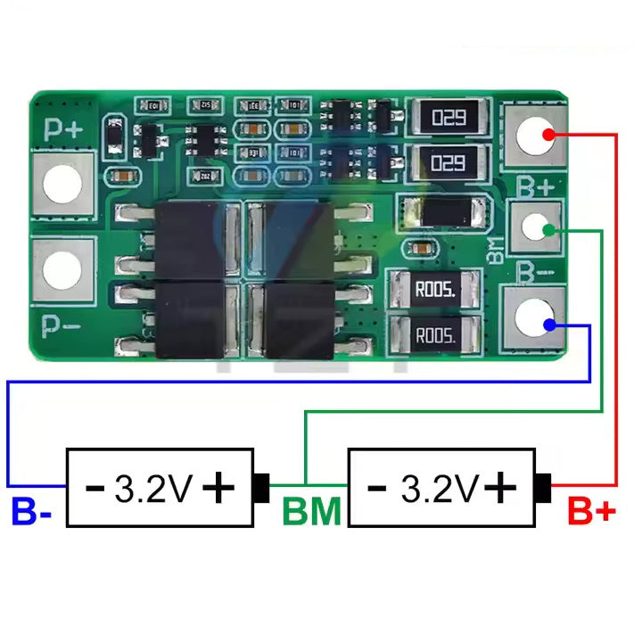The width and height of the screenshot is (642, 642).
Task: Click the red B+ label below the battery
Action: point(591,513)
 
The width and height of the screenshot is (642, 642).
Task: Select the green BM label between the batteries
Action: point(311,513)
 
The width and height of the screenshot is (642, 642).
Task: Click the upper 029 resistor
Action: point(449,117)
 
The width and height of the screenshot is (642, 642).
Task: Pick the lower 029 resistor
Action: point(449,162)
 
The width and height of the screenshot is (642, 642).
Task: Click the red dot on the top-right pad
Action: point(553,134)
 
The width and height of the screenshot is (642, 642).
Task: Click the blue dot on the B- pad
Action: point(553,325)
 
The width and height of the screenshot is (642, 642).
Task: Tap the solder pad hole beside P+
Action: point(63,185)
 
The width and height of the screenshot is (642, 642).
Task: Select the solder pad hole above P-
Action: point(63,268)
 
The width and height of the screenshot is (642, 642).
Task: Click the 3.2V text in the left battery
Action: point(153,488)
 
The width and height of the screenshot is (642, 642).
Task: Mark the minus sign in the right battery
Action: point(377,488)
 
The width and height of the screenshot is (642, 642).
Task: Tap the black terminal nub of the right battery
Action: point(543,487)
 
